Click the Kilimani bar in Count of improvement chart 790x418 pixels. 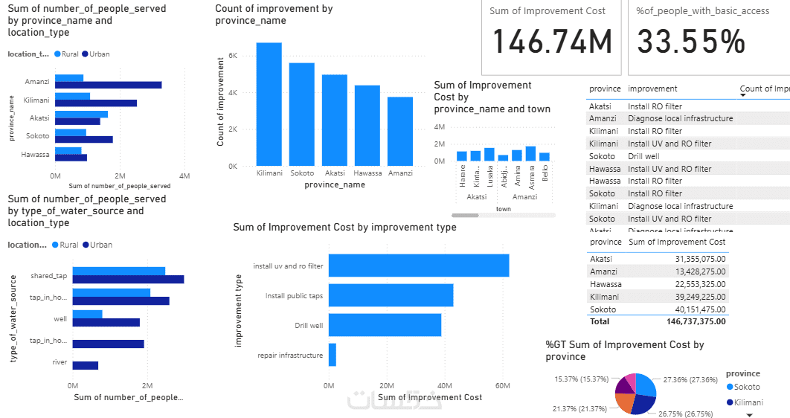269,104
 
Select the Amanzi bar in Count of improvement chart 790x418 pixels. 399,131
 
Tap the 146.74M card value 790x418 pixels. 552,42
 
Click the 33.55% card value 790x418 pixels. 691,42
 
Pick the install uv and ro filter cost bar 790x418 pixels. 419,266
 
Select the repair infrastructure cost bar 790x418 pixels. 333,355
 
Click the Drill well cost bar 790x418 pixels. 385,325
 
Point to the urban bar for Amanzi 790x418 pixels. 108,85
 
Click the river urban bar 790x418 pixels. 86,365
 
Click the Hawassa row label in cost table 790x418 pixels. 605,283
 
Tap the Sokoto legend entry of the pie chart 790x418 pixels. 747,387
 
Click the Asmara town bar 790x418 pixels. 530,153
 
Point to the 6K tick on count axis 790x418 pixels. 232,56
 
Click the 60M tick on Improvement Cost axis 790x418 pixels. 502,386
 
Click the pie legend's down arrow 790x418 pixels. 749,415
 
